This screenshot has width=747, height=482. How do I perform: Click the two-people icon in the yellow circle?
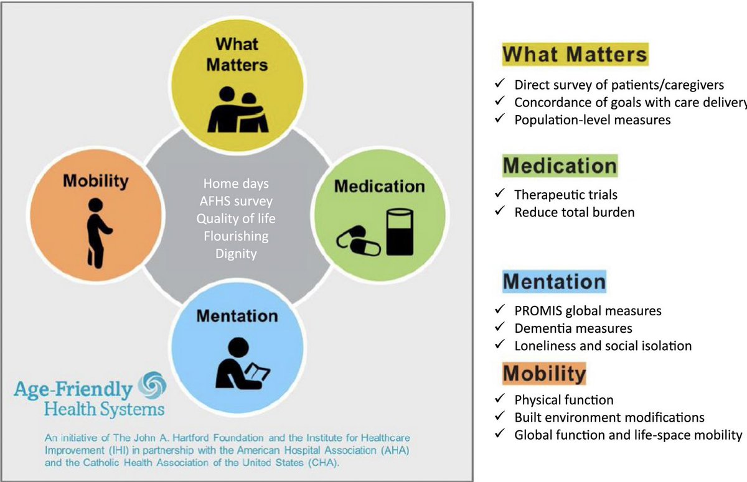click(x=239, y=110)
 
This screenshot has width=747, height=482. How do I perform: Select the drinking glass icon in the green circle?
click(x=400, y=231)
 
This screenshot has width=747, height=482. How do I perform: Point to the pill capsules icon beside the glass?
click(x=359, y=241)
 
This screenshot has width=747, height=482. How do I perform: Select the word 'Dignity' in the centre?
click(x=236, y=254)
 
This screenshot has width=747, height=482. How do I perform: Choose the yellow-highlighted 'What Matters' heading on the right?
click(x=575, y=54)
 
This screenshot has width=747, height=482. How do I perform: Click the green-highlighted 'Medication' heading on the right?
click(x=560, y=166)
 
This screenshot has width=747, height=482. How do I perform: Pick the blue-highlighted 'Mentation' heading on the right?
click(x=554, y=282)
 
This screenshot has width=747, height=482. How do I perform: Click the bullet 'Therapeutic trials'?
click(x=565, y=195)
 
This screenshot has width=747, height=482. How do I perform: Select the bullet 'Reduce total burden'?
click(x=574, y=212)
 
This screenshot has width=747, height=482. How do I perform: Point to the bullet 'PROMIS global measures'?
click(x=587, y=310)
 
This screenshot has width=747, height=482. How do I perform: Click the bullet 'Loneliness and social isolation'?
click(x=603, y=345)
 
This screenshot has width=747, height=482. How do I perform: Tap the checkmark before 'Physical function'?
click(x=499, y=399)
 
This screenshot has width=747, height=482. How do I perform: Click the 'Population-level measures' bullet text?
click(x=592, y=120)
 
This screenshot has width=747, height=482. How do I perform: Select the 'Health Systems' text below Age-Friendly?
click(x=104, y=409)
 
